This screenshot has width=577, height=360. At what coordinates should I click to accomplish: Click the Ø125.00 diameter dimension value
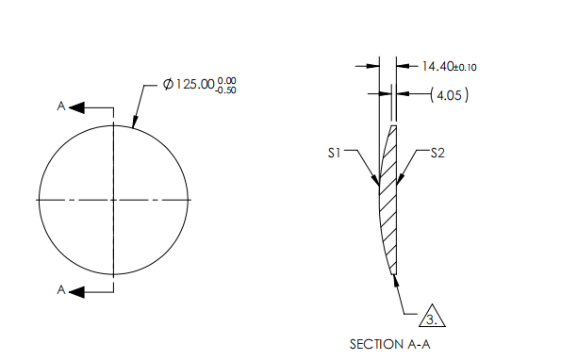188,85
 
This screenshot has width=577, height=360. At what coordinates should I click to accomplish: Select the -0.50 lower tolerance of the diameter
226,90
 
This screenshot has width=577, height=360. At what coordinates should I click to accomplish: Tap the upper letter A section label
60,107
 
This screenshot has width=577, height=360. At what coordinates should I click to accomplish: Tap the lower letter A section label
60,291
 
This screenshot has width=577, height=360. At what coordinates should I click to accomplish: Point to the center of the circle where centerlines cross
113,200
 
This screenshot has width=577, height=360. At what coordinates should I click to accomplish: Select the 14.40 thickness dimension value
436,66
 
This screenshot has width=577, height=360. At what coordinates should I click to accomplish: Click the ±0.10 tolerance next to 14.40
464,67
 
